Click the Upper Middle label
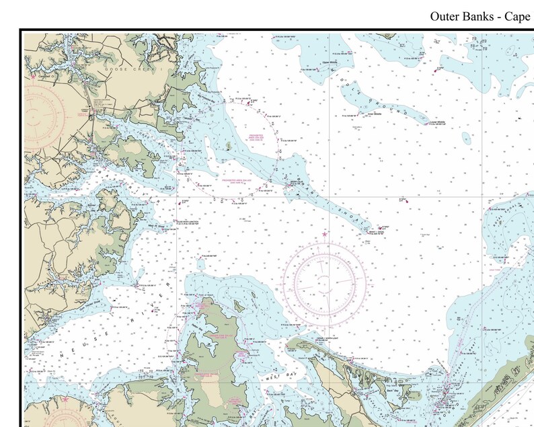click(x=329, y=62)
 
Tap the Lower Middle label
click(x=438, y=122)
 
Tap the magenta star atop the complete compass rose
click(x=325, y=235)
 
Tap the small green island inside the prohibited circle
click(x=229, y=145)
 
